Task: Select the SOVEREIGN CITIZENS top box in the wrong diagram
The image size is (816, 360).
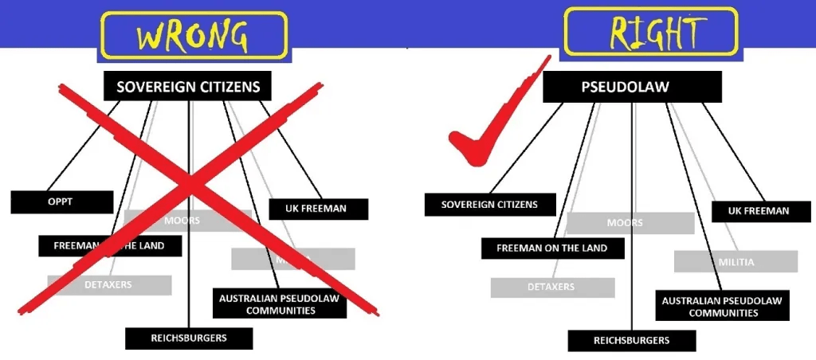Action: tap(188, 87)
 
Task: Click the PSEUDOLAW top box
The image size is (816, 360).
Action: tap(632, 87)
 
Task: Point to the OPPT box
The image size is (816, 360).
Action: tap(62, 202)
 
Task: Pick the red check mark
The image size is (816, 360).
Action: tap(486, 127)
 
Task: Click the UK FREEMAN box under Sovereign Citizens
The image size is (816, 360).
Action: tap(317, 209)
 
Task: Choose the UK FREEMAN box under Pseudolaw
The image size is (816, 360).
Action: tap(758, 211)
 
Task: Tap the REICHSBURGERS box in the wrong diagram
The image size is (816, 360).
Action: tap(189, 338)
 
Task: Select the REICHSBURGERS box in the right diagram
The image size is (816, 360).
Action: tap(631, 341)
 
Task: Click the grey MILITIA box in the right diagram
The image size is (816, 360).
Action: tap(736, 261)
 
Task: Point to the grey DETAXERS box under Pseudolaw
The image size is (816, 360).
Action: tap(552, 287)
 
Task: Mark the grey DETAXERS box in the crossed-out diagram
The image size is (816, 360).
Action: tap(109, 284)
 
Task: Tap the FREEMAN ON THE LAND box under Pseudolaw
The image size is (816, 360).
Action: tap(551, 248)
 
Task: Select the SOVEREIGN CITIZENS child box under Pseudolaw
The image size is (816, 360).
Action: tap(489, 205)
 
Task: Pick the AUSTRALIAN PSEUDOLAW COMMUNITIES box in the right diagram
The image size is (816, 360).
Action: tap(721, 307)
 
